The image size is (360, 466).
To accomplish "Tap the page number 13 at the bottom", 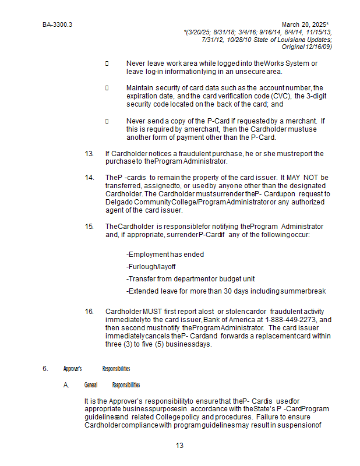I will (x=179, y=446).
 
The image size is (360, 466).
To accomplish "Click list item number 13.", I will (x=89, y=154).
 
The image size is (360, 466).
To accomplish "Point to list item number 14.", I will (x=89, y=178).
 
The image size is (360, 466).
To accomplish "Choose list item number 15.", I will (x=89, y=226).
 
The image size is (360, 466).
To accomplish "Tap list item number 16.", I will (x=89, y=312).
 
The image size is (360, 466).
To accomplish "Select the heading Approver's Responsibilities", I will (x=97, y=368).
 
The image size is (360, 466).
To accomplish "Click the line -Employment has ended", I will (x=165, y=255).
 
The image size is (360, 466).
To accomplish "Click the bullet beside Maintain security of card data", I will (x=107, y=88).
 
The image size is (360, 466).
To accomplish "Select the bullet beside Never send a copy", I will (x=107, y=121).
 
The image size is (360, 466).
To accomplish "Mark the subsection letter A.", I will (x=66, y=385).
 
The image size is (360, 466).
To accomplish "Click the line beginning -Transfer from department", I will (x=190, y=278).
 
